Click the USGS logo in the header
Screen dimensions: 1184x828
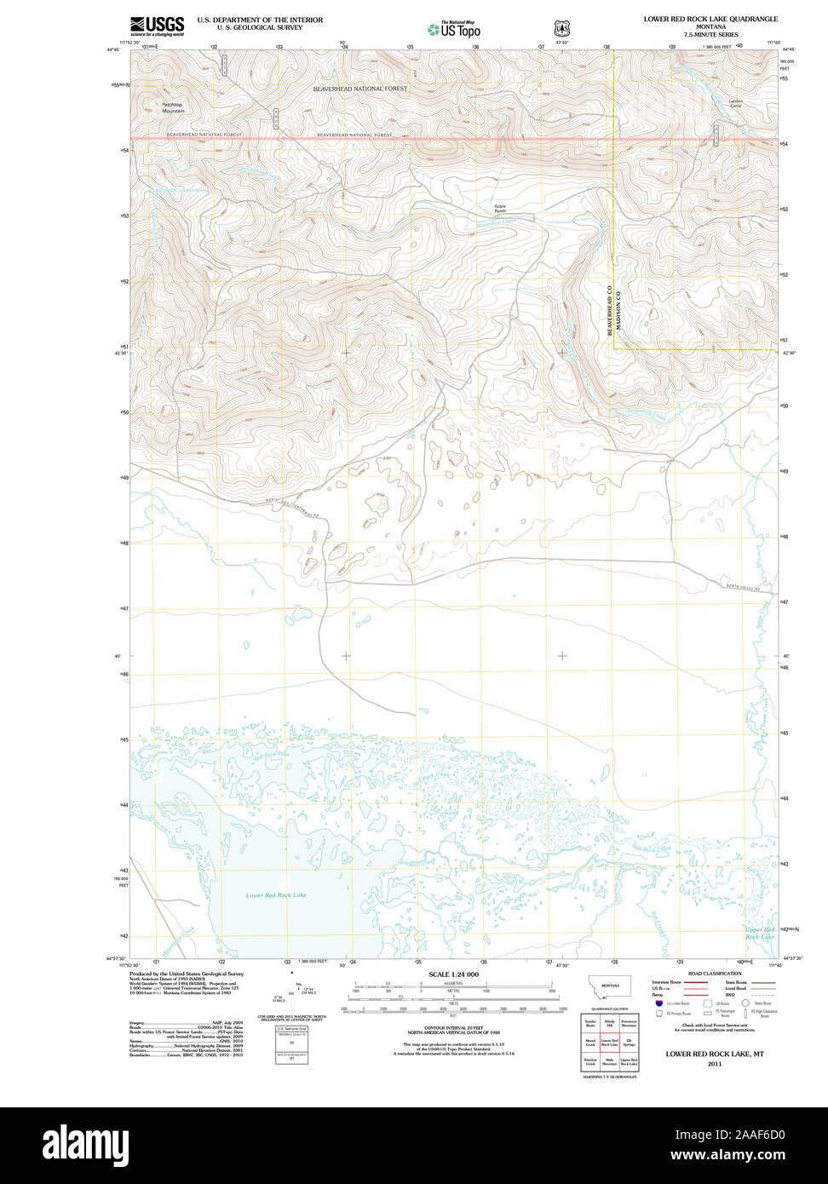tap(157, 26)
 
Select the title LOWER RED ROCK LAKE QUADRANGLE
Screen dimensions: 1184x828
tap(710, 18)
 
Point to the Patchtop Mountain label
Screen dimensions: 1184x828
tap(173, 107)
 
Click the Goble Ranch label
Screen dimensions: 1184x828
tap(500, 208)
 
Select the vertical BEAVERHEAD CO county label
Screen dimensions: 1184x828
tap(610, 310)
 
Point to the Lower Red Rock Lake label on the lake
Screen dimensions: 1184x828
tap(276, 895)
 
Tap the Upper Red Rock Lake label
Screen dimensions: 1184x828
tap(760, 933)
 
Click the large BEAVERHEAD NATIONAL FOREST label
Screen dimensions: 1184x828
tap(359, 89)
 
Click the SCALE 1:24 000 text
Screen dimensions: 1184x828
tap(453, 974)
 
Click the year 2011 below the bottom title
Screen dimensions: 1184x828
tap(714, 1064)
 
